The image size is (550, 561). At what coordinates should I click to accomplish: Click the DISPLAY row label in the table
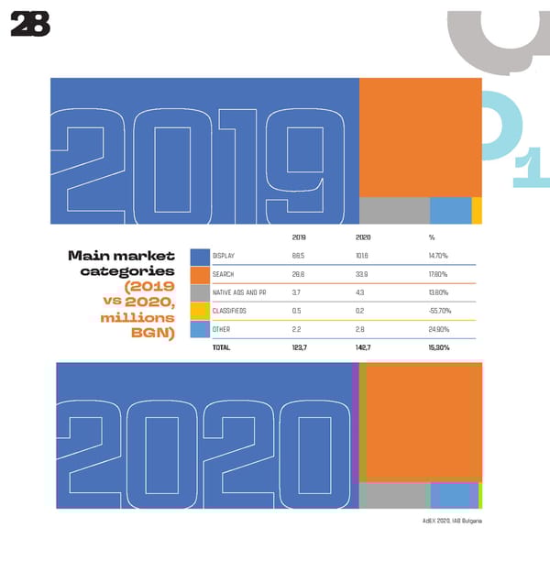223,256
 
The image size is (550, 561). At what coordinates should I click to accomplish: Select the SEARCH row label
222,274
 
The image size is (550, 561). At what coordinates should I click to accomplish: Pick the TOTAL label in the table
220,348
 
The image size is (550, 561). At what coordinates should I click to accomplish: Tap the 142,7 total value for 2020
364,348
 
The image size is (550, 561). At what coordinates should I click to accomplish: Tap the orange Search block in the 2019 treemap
420,136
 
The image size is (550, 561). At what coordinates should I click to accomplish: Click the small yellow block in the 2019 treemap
477,210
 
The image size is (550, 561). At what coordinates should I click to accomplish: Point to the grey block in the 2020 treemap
394,495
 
